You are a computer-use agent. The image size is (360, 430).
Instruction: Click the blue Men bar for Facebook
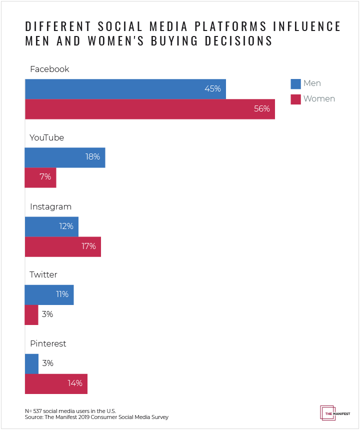coord(125,88)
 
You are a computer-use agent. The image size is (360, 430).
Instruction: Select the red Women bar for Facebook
coord(149,108)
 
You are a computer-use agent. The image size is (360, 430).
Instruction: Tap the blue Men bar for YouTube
coord(65,157)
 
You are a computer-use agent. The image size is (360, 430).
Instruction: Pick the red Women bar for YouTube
coord(40,177)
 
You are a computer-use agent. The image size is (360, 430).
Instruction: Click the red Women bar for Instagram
coord(63,246)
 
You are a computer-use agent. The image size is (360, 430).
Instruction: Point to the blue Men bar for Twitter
coord(49,294)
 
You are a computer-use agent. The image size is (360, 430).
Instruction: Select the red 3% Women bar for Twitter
coord(31,314)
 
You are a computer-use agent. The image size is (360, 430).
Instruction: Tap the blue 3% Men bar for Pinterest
coord(31,363)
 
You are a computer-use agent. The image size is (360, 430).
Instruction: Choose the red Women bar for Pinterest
coord(56,383)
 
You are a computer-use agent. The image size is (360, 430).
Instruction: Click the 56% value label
coord(261,108)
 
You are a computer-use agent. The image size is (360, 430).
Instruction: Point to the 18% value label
coord(92,157)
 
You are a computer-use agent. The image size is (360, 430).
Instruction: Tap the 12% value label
coord(65,226)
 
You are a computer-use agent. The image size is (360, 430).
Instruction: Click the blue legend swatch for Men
coord(295,83)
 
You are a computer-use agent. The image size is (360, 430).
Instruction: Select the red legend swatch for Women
coord(295,99)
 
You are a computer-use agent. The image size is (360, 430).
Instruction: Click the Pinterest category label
coord(48,344)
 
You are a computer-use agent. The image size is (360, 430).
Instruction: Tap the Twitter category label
coord(43,275)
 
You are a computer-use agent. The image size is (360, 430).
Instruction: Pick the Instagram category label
coord(50,207)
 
